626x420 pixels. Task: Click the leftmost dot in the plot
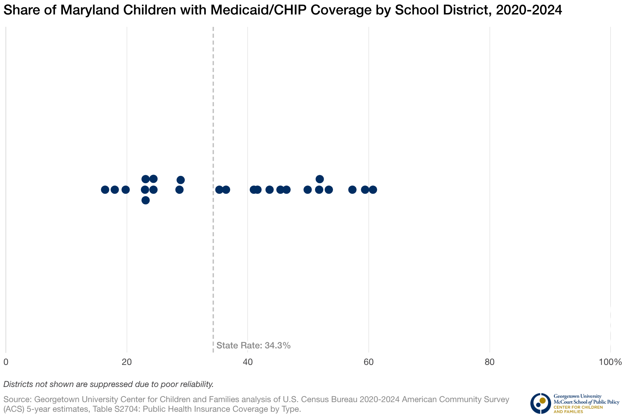point(105,190)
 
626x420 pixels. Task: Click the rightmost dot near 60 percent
point(373,190)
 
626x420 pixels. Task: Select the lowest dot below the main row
point(145,200)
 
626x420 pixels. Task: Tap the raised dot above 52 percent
point(320,179)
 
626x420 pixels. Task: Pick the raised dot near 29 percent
point(181,180)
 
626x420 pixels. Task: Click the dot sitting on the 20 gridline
point(126,190)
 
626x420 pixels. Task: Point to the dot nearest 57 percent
point(352,190)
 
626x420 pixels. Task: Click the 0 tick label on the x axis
point(6,362)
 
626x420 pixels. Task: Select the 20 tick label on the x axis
point(127,362)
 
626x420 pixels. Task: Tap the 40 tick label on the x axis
point(248,362)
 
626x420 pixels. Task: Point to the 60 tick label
point(368,362)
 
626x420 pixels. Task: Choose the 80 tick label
point(489,362)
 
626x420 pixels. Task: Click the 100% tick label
point(610,362)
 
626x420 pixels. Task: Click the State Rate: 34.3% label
point(253,346)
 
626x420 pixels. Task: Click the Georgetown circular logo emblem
point(540,403)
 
